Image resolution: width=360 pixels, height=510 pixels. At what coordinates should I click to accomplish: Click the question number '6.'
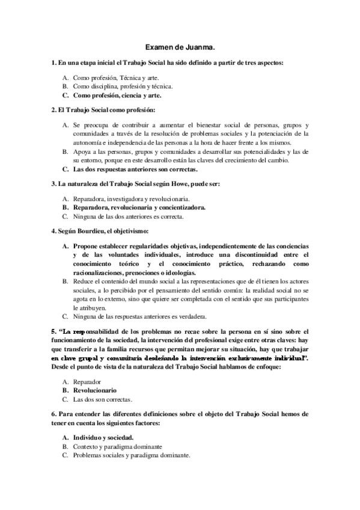coord(53,414)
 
